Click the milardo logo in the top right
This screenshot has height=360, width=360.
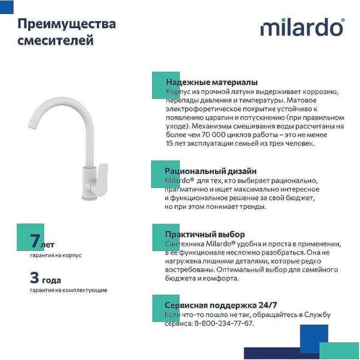click(x=302, y=27)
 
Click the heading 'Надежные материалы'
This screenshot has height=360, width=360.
click(x=211, y=82)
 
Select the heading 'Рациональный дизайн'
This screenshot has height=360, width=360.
click(x=210, y=171)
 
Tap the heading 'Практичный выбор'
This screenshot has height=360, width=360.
click(x=204, y=234)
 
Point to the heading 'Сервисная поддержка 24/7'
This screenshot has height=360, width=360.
click(x=221, y=305)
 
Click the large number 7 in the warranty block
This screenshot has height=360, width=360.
click(x=34, y=239)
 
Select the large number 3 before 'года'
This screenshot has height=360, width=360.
click(x=34, y=278)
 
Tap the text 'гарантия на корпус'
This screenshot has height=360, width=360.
click(x=55, y=255)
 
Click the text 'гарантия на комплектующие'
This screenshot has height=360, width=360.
click(x=68, y=290)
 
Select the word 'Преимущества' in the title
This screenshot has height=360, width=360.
click(x=66, y=23)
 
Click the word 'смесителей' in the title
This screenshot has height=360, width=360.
click(x=55, y=41)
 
